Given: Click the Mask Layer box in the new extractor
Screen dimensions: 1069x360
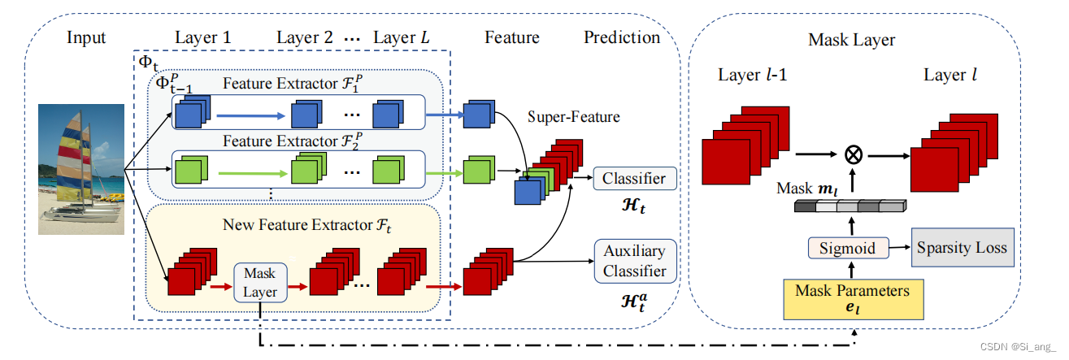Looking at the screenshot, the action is [261, 283].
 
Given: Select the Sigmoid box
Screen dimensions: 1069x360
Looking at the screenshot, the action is [849, 248].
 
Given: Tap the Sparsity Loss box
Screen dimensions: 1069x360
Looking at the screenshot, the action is [963, 248].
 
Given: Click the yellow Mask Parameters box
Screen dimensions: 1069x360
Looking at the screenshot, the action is [854, 299].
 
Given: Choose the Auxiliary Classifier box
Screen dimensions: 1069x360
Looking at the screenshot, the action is [635, 262].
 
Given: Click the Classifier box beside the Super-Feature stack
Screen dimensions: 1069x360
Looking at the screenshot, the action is [635, 178].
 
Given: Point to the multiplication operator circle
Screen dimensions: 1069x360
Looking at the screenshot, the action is [854, 155].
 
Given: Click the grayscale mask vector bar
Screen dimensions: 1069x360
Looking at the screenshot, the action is [850, 206].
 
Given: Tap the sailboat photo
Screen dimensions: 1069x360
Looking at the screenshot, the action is [81, 169].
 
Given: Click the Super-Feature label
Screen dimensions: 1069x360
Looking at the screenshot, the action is [574, 117].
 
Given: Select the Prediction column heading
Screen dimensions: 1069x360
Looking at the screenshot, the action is [622, 37].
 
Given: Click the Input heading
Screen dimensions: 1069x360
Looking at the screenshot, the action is [86, 37].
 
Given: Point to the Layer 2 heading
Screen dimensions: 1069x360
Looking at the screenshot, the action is [305, 37].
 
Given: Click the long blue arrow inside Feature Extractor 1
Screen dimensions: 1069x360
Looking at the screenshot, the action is [251, 115].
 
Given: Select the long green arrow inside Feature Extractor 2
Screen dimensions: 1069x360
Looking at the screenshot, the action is [253, 174].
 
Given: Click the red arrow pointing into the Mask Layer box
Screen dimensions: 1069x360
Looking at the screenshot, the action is [221, 287].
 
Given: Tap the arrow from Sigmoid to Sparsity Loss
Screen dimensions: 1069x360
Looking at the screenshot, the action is [900, 247].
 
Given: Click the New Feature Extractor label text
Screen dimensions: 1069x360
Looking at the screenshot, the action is [306, 225].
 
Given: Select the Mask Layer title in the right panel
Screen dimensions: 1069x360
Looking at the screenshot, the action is [851, 40].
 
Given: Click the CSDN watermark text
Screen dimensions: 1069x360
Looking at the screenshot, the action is [1018, 347].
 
